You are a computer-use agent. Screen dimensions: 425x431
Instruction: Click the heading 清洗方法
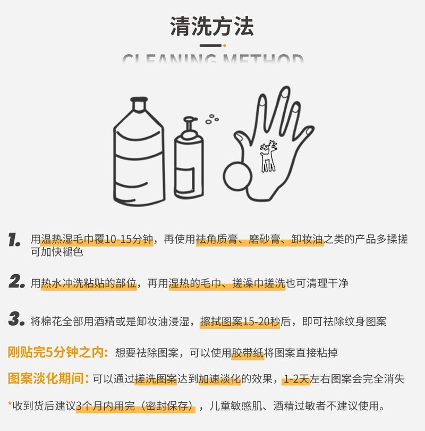click(x=212, y=26)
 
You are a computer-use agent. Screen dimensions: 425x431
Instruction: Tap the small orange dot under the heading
click(x=224, y=45)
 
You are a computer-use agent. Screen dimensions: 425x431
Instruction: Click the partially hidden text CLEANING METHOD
click(x=213, y=59)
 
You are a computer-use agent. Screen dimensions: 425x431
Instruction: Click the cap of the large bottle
click(x=139, y=103)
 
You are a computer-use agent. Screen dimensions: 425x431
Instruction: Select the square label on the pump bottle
click(x=185, y=180)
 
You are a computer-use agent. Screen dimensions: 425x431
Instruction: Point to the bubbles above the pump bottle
click(x=212, y=119)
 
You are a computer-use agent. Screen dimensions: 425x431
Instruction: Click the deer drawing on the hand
click(x=268, y=156)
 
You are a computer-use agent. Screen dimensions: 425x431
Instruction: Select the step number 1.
click(x=14, y=240)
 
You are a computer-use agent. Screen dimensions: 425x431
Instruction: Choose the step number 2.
click(x=16, y=282)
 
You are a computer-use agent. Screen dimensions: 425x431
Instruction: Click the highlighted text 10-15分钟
click(x=129, y=239)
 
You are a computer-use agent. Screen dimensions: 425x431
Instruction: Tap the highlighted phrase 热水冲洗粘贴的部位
click(x=89, y=283)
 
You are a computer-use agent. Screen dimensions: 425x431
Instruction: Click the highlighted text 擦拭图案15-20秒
click(x=240, y=322)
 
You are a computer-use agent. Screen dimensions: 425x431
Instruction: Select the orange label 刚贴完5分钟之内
click(x=58, y=352)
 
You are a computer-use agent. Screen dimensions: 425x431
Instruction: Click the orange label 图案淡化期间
click(x=48, y=378)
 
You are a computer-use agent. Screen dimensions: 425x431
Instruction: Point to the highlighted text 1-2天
click(x=296, y=379)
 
